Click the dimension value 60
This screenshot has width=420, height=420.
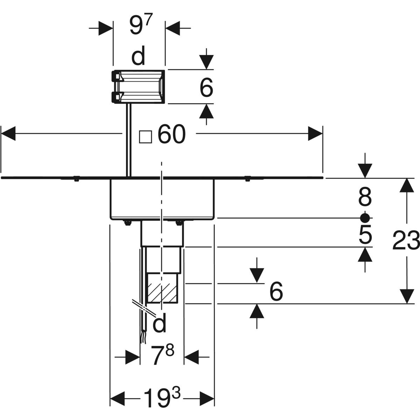pyautogui.click(x=171, y=135)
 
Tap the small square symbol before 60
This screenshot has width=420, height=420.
pyautogui.click(x=146, y=137)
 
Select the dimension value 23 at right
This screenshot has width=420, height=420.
pyautogui.click(x=406, y=241)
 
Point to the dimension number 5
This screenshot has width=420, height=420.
pyautogui.click(x=365, y=235)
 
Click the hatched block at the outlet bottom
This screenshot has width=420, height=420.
pyautogui.click(x=162, y=293)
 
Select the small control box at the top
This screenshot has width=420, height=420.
pyautogui.click(x=139, y=87)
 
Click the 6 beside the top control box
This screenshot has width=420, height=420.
pyautogui.click(x=206, y=87)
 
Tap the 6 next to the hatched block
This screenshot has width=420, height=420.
pyautogui.click(x=276, y=292)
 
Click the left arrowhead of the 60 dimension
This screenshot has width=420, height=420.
pyautogui.click(x=8, y=133)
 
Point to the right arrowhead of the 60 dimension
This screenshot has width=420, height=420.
pyautogui.click(x=315, y=133)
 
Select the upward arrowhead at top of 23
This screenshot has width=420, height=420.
pyautogui.click(x=406, y=185)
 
